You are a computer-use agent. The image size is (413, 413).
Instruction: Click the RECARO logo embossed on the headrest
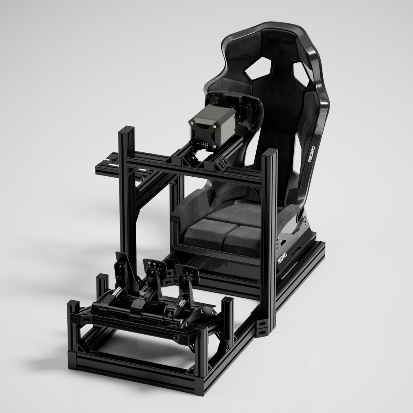pyautogui.click(x=280, y=41)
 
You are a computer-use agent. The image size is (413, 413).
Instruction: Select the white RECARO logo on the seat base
pyautogui.click(x=282, y=258)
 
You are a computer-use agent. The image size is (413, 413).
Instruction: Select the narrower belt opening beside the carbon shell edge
pyautogui.click(x=301, y=74)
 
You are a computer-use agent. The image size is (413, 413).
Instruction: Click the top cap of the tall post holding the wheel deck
pyautogui.click(x=126, y=130)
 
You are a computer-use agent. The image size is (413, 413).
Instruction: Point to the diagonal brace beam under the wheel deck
pyautogui.click(x=151, y=190)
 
